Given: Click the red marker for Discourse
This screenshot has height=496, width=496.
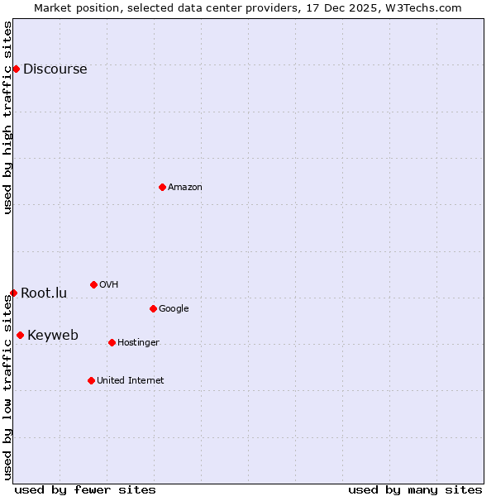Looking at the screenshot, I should (x=16, y=69).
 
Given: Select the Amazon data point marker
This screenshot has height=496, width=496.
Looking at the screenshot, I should (x=162, y=187).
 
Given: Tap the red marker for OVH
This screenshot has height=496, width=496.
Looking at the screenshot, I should (x=93, y=284).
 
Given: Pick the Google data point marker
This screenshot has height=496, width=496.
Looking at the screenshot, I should (x=153, y=308).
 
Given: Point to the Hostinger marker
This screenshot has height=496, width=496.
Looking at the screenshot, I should (x=112, y=342).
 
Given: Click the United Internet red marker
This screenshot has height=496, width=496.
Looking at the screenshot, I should (x=91, y=380).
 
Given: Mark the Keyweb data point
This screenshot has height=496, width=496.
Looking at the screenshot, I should (x=20, y=335).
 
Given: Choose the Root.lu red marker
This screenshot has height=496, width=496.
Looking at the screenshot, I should (x=13, y=293).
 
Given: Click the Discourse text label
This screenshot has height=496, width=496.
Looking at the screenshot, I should (x=55, y=69).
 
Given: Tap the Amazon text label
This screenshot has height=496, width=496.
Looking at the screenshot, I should (x=185, y=188).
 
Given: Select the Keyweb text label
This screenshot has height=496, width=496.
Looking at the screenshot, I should (x=53, y=336).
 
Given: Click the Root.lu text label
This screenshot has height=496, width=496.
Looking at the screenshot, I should (x=44, y=293).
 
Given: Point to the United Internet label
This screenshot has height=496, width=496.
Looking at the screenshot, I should (x=131, y=381).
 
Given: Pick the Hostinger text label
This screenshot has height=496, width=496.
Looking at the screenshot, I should (x=138, y=343).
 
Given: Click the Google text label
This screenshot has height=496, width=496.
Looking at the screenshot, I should (x=174, y=309).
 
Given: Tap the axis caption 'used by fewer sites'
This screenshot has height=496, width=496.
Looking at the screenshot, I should (x=85, y=490).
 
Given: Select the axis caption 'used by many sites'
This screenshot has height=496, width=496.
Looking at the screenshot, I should (x=415, y=490).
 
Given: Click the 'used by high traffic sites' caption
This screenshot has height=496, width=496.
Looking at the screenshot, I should (x=7, y=117).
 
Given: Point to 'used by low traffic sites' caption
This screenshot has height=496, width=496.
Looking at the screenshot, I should (x=7, y=387).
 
